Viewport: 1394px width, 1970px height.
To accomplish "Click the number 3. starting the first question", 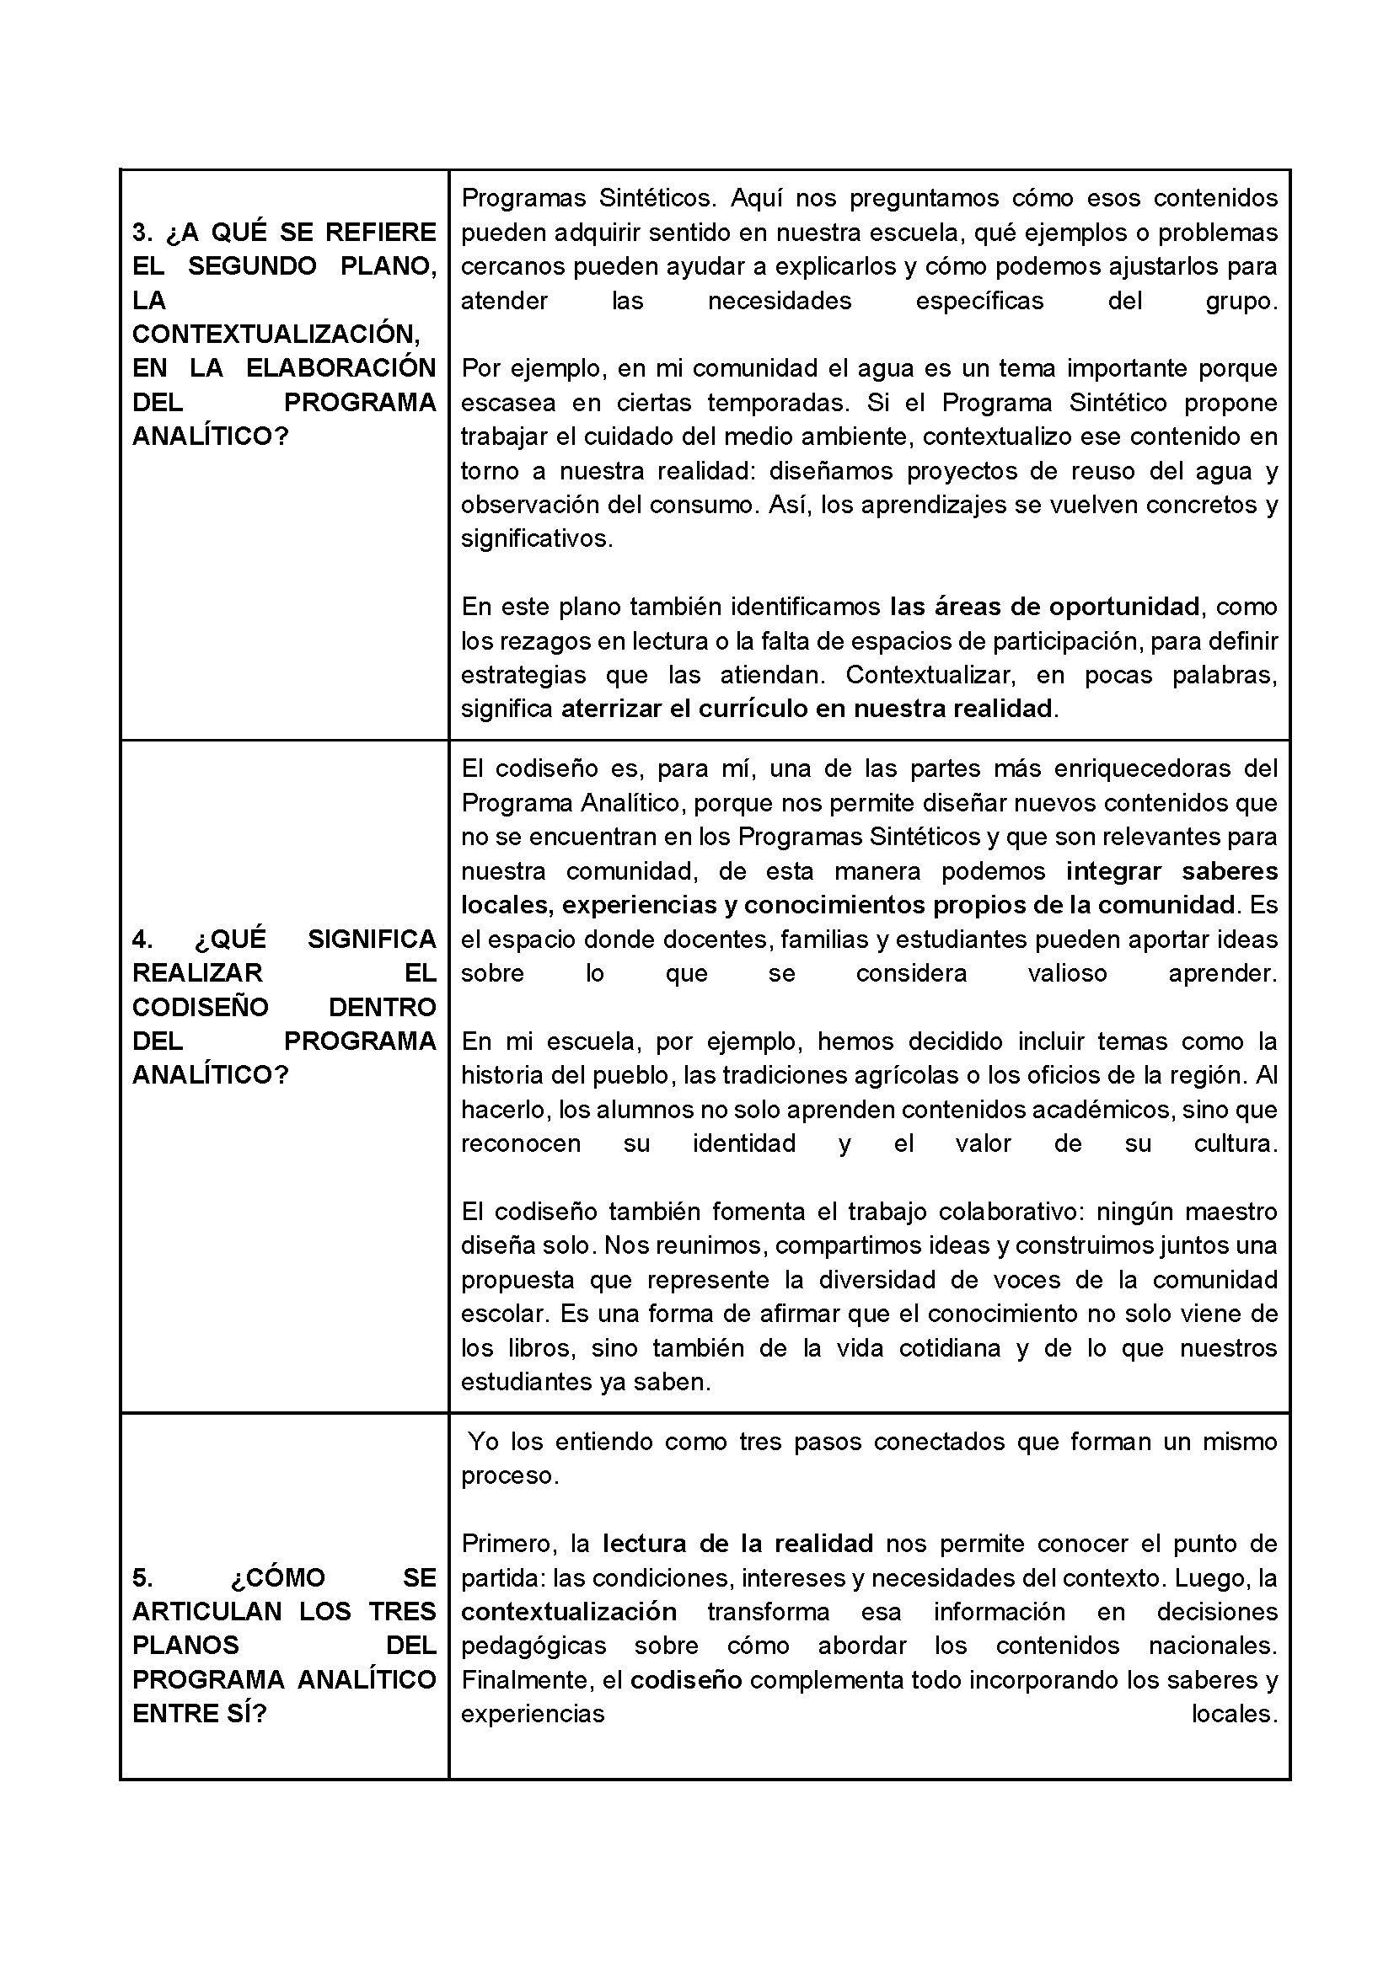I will (x=142, y=233).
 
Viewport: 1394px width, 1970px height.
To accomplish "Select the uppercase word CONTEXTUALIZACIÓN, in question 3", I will (x=276, y=334).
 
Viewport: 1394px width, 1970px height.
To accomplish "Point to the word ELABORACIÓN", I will (x=340, y=368).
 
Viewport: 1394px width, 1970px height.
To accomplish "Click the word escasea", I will (x=508, y=403).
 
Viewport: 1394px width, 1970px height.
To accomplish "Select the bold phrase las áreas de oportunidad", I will (x=1043, y=607).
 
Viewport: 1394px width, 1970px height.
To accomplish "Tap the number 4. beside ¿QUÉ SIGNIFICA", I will (x=142, y=939).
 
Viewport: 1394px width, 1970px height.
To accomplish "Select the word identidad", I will (x=744, y=1143).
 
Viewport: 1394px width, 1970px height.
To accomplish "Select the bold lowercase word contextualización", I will (x=568, y=1611).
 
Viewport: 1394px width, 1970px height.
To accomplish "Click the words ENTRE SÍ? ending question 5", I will (x=199, y=1714).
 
